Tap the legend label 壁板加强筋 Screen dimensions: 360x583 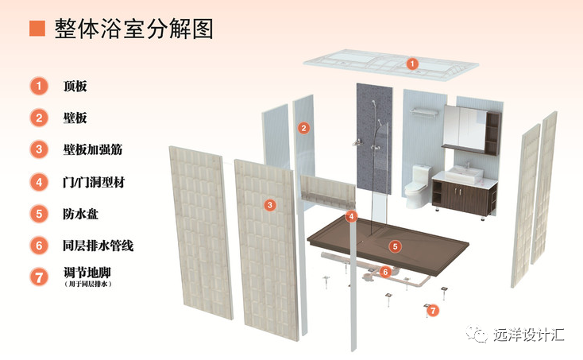tap(92, 149)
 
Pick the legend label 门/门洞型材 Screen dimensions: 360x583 tap(94, 182)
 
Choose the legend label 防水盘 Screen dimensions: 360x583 tap(80, 214)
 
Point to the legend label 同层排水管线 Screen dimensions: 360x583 tap(98, 246)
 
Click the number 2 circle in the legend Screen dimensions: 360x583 tap(37, 118)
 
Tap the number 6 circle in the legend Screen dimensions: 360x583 tap(37, 246)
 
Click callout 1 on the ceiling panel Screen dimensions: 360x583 tap(411, 63)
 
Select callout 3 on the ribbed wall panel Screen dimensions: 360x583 tap(270, 205)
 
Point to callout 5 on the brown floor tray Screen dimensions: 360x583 tap(395, 246)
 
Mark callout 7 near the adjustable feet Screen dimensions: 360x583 tap(433, 311)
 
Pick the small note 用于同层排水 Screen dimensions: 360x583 tap(87, 284)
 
